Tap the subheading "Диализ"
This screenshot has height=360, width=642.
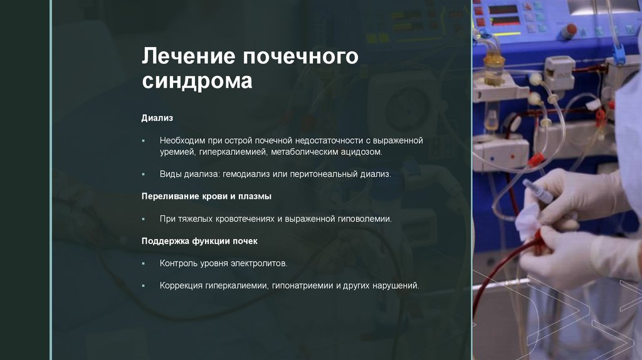click(157, 118)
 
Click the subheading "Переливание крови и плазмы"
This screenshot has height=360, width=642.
click(206, 196)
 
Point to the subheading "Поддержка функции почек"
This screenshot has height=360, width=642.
click(199, 241)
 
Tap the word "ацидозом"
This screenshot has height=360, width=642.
click(358, 152)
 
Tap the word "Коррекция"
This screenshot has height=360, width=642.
click(181, 286)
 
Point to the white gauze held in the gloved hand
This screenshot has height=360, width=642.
click(529, 216)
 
